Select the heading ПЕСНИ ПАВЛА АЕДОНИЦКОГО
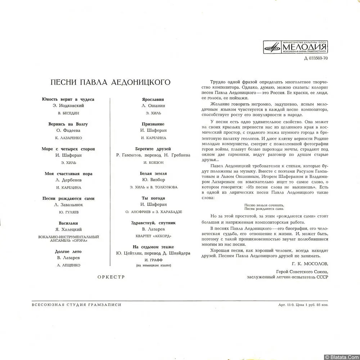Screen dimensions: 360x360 click(111, 82)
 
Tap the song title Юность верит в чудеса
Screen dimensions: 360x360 click(68, 99)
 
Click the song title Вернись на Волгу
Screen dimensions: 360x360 click(68, 124)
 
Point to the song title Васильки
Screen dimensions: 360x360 click(68, 223)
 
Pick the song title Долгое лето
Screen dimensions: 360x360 click(68, 251)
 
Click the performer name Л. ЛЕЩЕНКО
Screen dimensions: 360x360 click(68, 265)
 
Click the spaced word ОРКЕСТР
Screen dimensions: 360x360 click(111, 277)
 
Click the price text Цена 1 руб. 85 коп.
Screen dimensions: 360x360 click(310, 305)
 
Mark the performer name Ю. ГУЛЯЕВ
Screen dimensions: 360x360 click(68, 212)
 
